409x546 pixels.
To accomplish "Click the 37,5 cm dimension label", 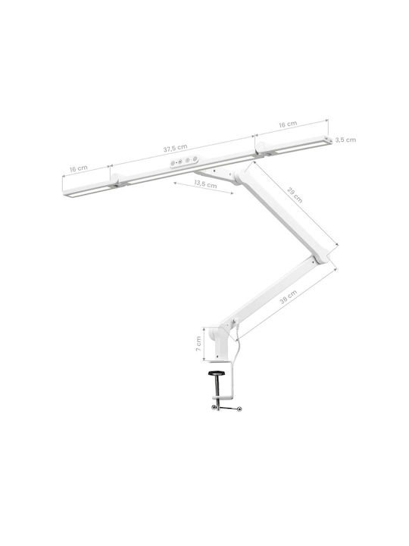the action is point(175,149).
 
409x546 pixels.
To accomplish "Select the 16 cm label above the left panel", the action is point(79,168).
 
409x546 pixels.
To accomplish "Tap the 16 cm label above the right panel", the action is point(288,124).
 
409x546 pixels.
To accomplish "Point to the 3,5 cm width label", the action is point(345,140).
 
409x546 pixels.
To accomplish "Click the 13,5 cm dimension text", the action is point(205,184).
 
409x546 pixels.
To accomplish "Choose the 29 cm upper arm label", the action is point(295,195).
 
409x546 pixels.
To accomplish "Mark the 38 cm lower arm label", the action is point(289,297).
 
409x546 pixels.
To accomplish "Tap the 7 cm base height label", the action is point(198,344).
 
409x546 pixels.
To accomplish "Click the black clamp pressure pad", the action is point(217,374).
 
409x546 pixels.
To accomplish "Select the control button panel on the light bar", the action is point(183,162).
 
